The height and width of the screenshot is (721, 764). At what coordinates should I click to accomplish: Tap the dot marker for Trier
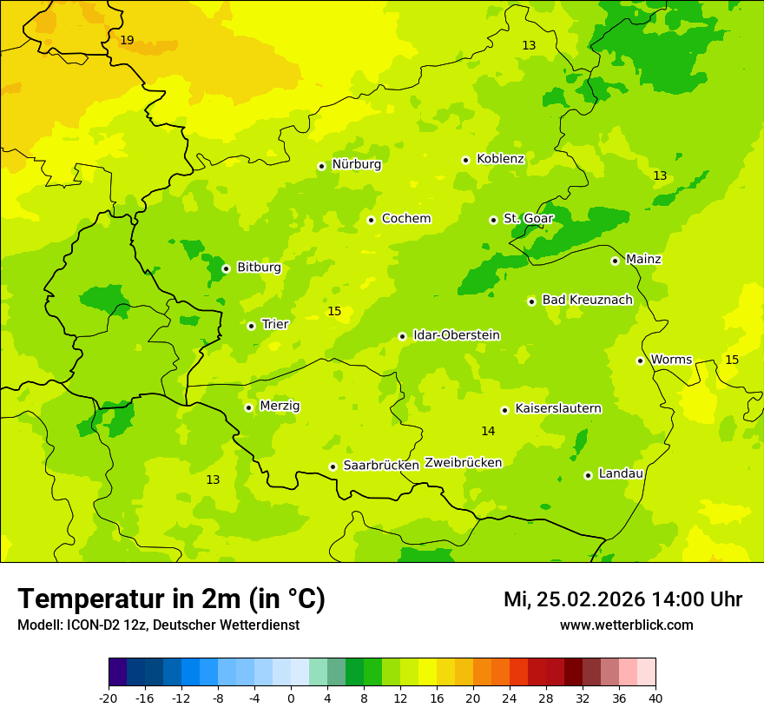(x=251, y=326)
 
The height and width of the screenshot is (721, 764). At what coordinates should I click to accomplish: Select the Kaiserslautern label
(x=558, y=408)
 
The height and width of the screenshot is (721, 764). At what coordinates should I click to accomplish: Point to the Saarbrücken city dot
(x=333, y=466)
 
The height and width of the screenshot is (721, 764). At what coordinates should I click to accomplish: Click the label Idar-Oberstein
(x=457, y=335)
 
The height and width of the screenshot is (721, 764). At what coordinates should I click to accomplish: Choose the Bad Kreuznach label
(x=587, y=300)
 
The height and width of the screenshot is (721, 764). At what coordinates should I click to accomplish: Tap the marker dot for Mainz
(x=615, y=261)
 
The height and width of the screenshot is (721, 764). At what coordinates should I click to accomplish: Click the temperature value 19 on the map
(x=127, y=41)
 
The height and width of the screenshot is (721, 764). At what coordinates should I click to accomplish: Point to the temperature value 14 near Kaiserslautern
(x=488, y=431)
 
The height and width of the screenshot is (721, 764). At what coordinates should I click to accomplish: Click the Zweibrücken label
(x=463, y=463)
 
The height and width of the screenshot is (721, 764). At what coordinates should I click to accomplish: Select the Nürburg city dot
(x=321, y=166)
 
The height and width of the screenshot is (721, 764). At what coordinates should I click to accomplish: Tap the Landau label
(x=621, y=473)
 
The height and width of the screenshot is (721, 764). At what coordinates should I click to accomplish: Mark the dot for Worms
(x=640, y=360)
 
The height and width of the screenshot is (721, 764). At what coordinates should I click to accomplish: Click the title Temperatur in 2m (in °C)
(x=171, y=599)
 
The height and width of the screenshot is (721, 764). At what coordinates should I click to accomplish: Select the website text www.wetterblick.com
(x=626, y=625)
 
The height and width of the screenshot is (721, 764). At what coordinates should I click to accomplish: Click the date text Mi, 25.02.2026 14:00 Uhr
(x=622, y=599)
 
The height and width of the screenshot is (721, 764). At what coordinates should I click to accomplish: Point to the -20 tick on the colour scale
(x=109, y=698)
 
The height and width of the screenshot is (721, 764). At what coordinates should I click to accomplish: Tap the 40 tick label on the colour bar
(x=655, y=698)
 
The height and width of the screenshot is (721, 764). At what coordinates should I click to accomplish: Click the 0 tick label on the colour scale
(x=291, y=698)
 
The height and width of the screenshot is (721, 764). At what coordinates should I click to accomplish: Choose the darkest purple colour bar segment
(x=117, y=672)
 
